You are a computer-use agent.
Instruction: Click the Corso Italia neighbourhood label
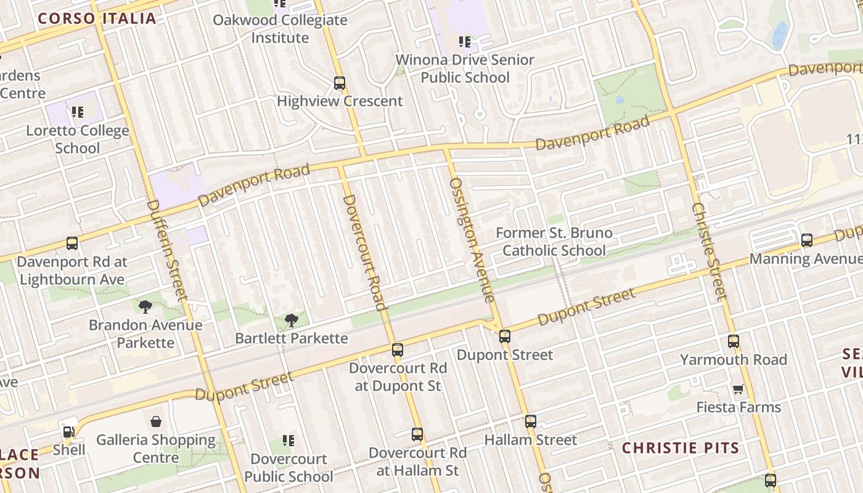(97, 18)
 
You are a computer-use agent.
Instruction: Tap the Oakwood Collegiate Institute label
(280, 29)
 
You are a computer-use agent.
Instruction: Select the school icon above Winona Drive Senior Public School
(465, 42)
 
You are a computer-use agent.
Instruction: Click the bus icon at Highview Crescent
(340, 83)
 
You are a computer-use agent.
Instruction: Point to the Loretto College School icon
(77, 112)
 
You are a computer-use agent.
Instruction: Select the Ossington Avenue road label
(472, 240)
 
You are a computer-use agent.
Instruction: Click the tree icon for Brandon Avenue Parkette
(145, 306)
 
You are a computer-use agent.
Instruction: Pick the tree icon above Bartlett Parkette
(292, 320)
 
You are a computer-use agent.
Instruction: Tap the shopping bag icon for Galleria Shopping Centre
(156, 422)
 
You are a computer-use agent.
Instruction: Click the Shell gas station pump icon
(68, 432)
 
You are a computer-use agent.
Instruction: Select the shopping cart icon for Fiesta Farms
(738, 389)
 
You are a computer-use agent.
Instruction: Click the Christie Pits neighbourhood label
(681, 448)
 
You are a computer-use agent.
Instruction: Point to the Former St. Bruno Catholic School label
(554, 242)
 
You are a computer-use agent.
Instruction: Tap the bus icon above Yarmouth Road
(734, 341)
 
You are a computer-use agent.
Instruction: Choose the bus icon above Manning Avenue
(806, 240)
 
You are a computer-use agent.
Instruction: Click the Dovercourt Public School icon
(288, 441)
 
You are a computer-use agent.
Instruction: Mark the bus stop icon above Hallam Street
(530, 422)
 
